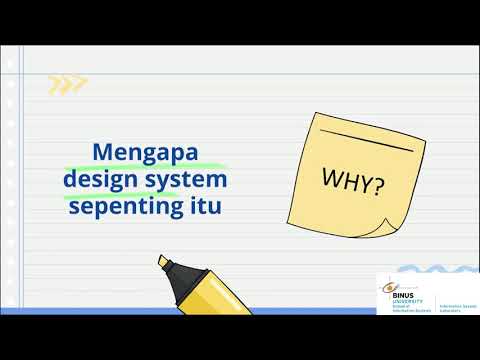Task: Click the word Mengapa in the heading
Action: tap(146, 153)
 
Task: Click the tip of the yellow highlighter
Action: tap(161, 262)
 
